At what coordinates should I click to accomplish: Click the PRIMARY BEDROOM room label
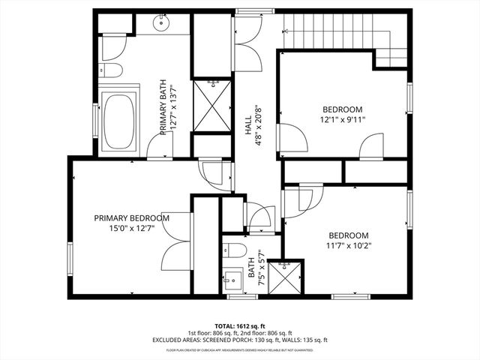(x=131, y=218)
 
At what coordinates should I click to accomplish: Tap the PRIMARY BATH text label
(x=163, y=107)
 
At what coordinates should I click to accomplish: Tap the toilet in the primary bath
(x=112, y=72)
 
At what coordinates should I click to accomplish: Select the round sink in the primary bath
(x=162, y=24)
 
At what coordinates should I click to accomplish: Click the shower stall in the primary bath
(x=211, y=105)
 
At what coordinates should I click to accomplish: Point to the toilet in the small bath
(x=234, y=250)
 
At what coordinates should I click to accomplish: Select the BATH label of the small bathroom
(x=261, y=259)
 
